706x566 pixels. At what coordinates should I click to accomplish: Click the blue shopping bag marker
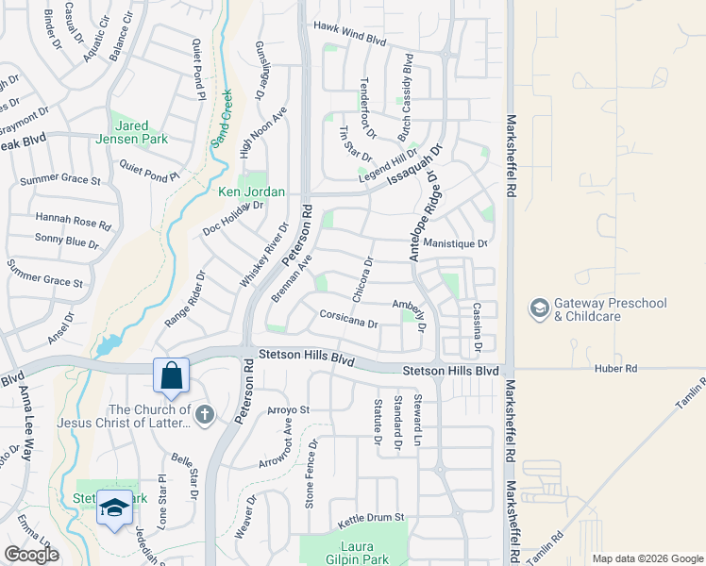(x=173, y=375)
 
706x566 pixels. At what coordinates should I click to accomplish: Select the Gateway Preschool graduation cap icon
(x=539, y=309)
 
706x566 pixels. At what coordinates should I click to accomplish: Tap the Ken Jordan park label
(x=251, y=192)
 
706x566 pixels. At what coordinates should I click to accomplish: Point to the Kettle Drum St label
(x=371, y=518)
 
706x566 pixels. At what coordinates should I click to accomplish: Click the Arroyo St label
(x=289, y=410)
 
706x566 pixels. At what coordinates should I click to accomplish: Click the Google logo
(x=31, y=554)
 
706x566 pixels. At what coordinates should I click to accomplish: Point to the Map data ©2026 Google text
(x=647, y=558)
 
